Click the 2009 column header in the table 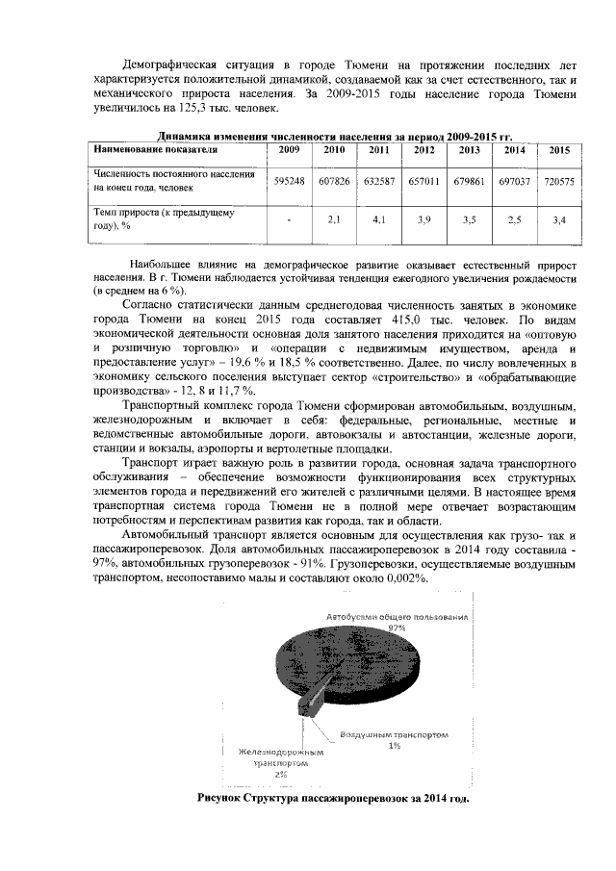click(289, 150)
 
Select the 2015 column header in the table click(559, 150)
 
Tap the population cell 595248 click(289, 181)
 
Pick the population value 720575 click(559, 181)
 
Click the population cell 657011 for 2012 click(424, 181)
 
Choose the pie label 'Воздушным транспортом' click(394, 735)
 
